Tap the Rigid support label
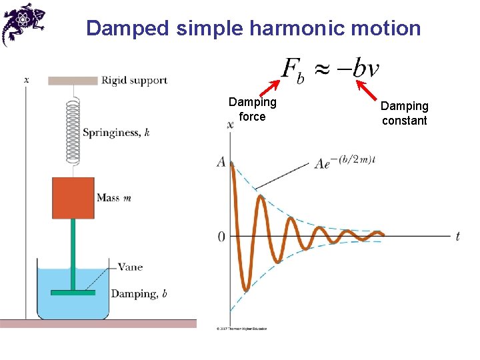[x=134, y=81]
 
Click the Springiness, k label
[x=116, y=133]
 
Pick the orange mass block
[x=73, y=198]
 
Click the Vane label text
[x=130, y=267]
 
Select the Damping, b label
[x=139, y=294]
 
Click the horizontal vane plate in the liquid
[x=73, y=292]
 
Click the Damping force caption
[x=252, y=109]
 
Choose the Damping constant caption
[x=404, y=113]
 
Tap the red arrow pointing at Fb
[x=269, y=88]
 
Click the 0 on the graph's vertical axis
[x=221, y=237]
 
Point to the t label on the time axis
[x=457, y=237]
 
